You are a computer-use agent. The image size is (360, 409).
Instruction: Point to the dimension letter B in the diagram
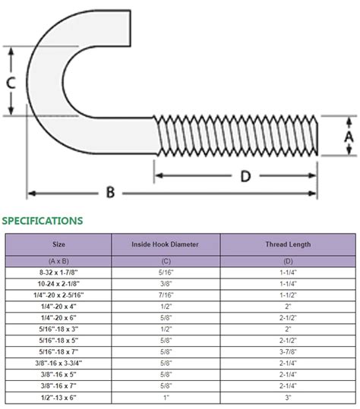click(x=111, y=193)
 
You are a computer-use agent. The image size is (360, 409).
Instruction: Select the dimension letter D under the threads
click(x=245, y=176)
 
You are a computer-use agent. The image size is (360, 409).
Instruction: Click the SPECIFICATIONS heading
click(x=43, y=221)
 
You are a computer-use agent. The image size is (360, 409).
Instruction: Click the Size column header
click(x=58, y=245)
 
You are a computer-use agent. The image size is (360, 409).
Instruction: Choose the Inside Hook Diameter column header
click(x=166, y=245)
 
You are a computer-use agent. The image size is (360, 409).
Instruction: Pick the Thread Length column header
click(x=287, y=245)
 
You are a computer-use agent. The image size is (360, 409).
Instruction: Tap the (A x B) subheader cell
click(x=58, y=261)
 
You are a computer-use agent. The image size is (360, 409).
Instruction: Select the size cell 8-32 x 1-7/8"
click(x=58, y=272)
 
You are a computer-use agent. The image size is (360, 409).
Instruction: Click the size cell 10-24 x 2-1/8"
click(x=58, y=283)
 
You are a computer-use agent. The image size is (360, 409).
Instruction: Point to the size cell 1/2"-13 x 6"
click(x=58, y=398)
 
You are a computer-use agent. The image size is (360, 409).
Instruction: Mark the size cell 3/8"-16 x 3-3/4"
click(x=58, y=363)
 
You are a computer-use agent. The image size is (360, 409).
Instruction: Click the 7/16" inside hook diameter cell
click(x=166, y=294)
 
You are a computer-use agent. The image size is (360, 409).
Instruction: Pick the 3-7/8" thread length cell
click(x=287, y=351)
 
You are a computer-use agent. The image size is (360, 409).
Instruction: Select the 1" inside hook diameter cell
click(x=166, y=398)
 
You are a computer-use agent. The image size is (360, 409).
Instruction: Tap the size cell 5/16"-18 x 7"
click(x=58, y=351)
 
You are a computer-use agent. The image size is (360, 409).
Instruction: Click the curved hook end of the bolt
click(x=46, y=76)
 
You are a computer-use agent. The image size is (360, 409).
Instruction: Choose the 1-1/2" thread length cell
click(x=287, y=294)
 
